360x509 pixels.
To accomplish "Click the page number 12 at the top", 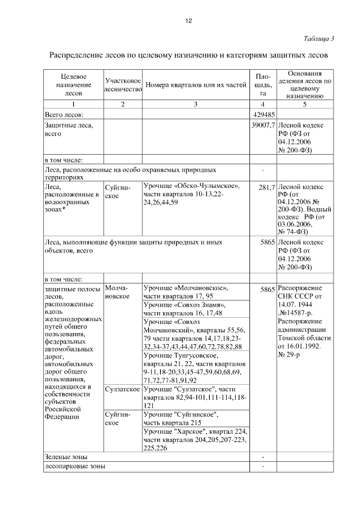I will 189,21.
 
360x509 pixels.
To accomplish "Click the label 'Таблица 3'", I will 318,39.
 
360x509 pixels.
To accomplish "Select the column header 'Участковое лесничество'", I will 122,85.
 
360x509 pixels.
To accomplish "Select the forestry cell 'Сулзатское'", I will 122,389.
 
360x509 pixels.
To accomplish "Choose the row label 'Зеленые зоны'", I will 66,457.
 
